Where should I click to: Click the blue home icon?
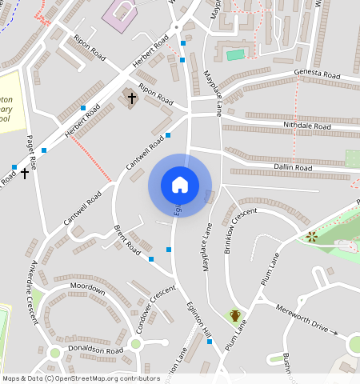[x=180, y=185]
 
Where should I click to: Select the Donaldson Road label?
[x=96, y=350]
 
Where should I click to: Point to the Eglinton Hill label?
[x=197, y=319]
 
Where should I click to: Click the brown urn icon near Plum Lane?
[x=235, y=315]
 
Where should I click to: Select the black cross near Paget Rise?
[x=26, y=172]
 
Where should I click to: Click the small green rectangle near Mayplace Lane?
[x=235, y=54]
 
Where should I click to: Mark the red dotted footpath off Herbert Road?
[x=90, y=157]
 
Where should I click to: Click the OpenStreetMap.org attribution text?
[x=106, y=378]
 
